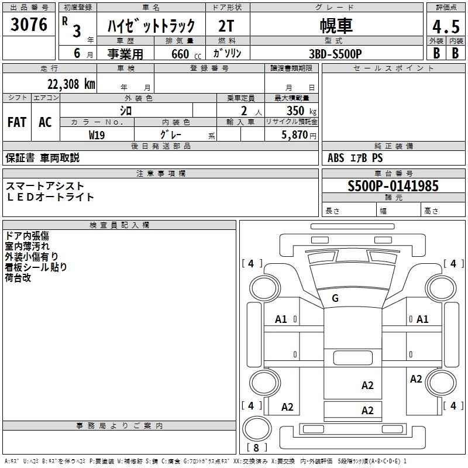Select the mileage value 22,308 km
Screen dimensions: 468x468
point(71,84)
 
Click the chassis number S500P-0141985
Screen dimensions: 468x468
point(393,186)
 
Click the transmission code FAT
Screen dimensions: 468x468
point(17,122)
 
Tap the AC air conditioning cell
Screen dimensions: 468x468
point(45,122)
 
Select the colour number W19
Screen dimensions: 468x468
point(97,135)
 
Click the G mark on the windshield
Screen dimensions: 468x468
point(335,298)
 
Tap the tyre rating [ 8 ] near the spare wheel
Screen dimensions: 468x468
point(256,448)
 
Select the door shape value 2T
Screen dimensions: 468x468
point(228,26)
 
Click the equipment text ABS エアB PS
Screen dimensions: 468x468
point(355,158)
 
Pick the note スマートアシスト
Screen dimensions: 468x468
point(45,186)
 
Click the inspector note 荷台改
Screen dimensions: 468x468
point(18,277)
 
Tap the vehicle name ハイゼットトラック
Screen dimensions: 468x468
point(151,27)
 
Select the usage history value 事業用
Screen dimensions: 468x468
point(125,53)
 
